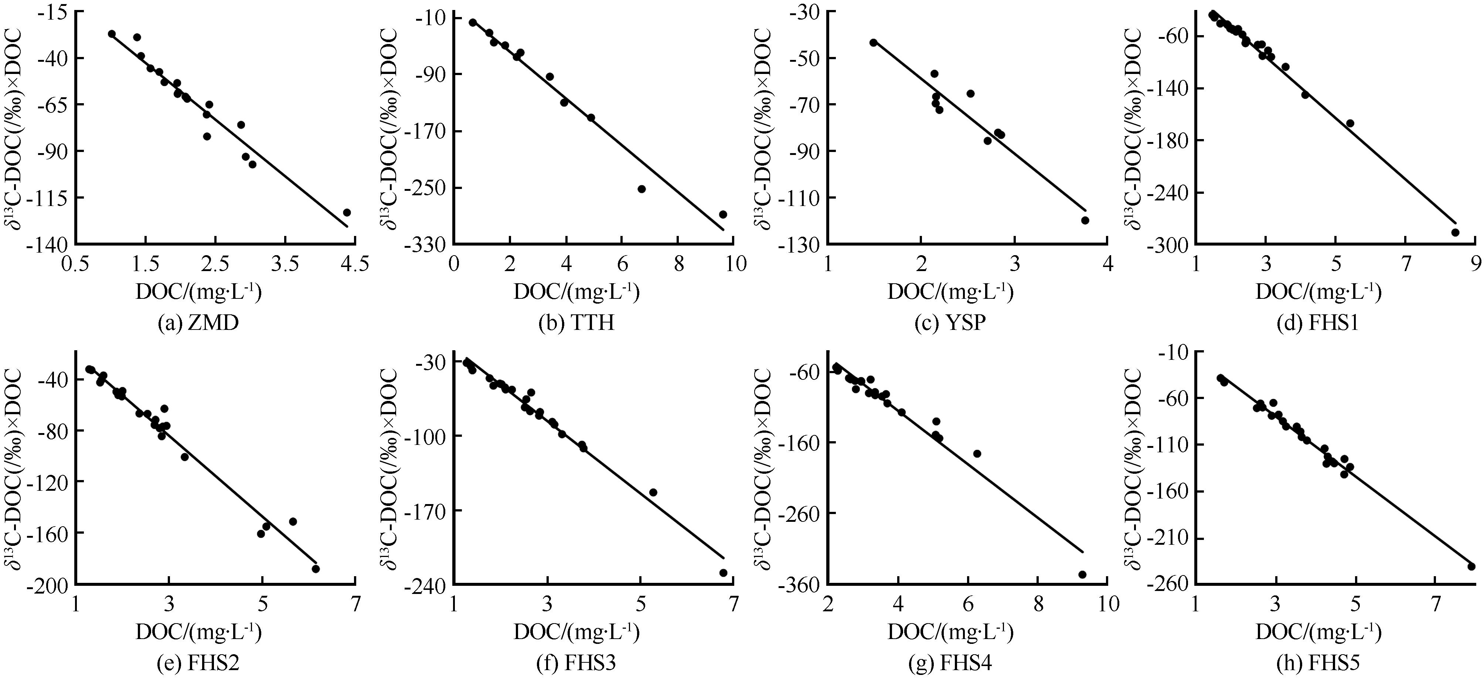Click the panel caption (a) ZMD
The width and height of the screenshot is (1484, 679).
[198, 323]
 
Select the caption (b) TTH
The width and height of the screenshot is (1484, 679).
[576, 323]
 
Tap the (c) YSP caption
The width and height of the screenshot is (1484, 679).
[950, 323]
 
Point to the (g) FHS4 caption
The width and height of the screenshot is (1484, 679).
[950, 663]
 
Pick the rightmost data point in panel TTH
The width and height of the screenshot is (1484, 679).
[723, 214]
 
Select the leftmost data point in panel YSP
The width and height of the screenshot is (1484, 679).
[873, 43]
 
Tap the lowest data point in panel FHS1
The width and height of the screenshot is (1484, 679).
[1454, 232]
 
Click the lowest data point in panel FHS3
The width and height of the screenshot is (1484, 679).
[723, 573]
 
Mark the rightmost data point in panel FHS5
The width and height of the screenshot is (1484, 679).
[1471, 567]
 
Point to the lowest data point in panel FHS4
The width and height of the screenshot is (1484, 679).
[1082, 575]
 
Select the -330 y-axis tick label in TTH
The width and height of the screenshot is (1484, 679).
[426, 244]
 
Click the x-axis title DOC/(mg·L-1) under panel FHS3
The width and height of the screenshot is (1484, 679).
[576, 633]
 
